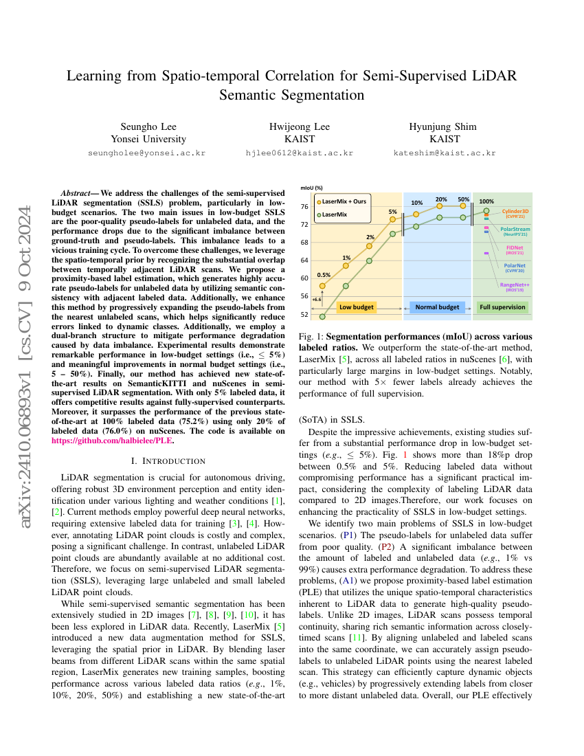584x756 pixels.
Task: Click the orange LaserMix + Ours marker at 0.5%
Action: [x=323, y=285]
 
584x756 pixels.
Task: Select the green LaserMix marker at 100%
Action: [x=486, y=211]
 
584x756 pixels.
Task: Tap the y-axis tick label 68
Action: [x=304, y=242]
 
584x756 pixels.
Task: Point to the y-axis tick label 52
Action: [x=304, y=315]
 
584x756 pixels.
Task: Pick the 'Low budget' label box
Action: [x=357, y=307]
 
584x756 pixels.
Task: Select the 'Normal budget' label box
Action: [x=438, y=307]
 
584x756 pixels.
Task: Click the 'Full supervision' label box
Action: [x=502, y=307]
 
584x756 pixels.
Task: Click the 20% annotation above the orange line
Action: [x=441, y=199]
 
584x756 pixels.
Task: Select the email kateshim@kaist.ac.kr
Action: [x=445, y=153]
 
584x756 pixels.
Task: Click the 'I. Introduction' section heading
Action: [x=170, y=460]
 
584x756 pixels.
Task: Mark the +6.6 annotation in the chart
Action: [x=317, y=300]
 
